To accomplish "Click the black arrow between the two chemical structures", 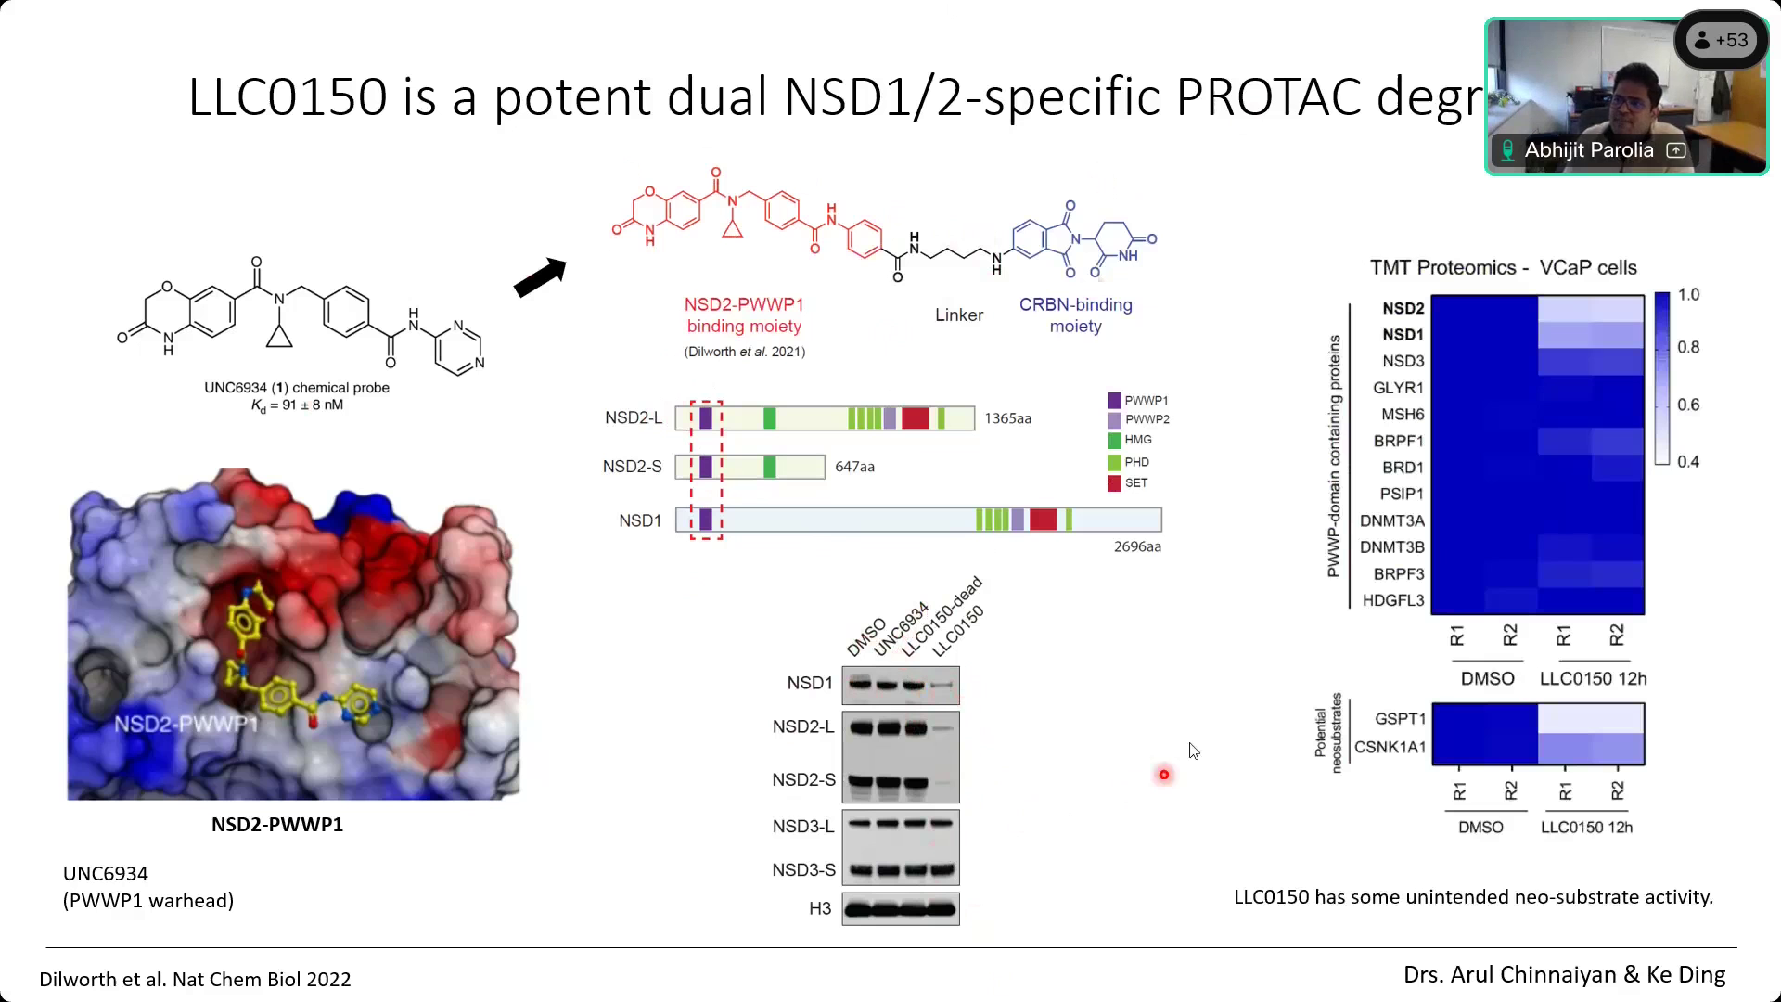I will pyautogui.click(x=540, y=277).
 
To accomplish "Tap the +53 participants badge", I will pyautogui.click(x=1722, y=41).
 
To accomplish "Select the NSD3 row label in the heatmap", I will pyautogui.click(x=1403, y=361).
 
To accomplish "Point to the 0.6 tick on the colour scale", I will pyautogui.click(x=1688, y=405).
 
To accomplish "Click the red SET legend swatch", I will pyautogui.click(x=1114, y=483).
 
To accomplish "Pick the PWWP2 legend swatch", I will pyautogui.click(x=1114, y=419).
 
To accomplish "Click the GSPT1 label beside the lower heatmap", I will pyautogui.click(x=1400, y=719).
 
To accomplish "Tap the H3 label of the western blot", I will pyautogui.click(x=820, y=908).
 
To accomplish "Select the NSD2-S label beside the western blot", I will pyautogui.click(x=803, y=780).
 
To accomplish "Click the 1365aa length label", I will pyautogui.click(x=1007, y=418).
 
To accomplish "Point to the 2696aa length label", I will pyautogui.click(x=1137, y=547).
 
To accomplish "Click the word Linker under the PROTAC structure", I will pyautogui.click(x=958, y=315).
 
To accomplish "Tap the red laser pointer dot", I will pyautogui.click(x=1164, y=775).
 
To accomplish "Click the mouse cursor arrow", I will pyautogui.click(x=1193, y=751).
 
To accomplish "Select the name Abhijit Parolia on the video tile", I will pyautogui.click(x=1588, y=150).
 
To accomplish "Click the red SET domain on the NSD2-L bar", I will pyautogui.click(x=915, y=418).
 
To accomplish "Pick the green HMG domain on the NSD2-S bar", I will pyautogui.click(x=769, y=467).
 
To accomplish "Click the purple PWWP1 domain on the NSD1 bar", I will pyautogui.click(x=706, y=520).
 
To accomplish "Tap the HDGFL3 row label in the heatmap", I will pyautogui.click(x=1392, y=600).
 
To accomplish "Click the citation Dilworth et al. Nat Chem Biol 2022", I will pyautogui.click(x=195, y=980).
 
